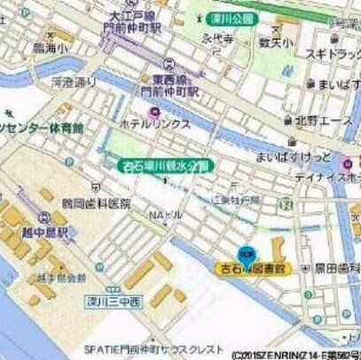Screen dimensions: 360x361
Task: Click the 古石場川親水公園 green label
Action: pos(165,165)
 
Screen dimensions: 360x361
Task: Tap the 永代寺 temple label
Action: pos(215,38)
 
